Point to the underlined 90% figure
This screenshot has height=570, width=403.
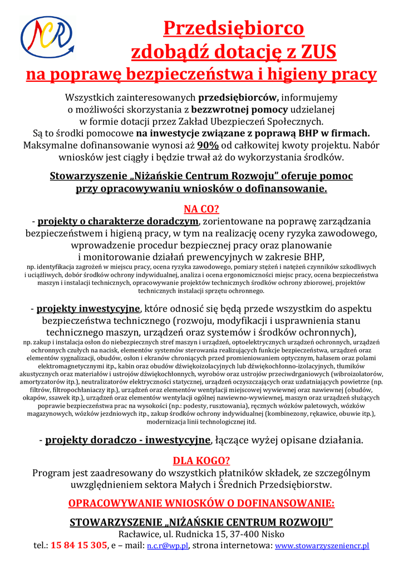(x=207, y=145)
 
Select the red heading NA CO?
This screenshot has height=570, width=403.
(x=202, y=209)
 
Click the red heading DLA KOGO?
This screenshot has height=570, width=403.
(x=202, y=461)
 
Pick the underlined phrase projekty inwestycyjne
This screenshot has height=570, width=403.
(x=89, y=308)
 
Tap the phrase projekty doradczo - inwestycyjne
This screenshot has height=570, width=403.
(x=127, y=440)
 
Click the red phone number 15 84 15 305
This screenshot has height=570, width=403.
(x=78, y=546)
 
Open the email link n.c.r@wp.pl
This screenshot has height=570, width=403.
(x=167, y=546)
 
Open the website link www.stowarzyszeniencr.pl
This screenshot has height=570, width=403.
(x=322, y=546)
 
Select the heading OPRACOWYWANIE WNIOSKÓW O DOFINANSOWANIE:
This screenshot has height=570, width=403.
(x=202, y=504)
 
